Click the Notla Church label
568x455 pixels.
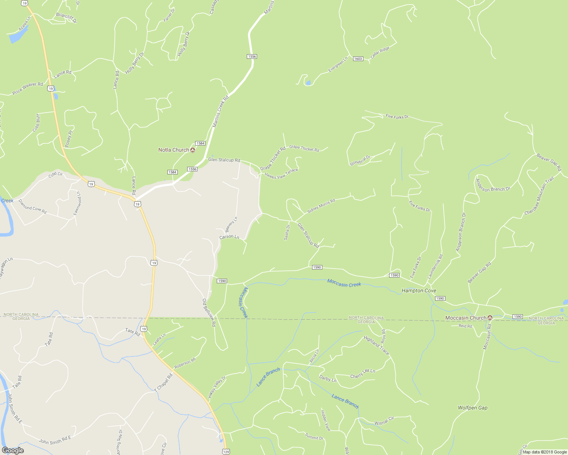[x=174, y=150]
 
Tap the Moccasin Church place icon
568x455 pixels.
[x=490, y=318]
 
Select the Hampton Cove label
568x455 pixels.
[x=419, y=291]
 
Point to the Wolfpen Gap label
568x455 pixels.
[x=472, y=408]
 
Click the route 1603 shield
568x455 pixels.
[x=358, y=59]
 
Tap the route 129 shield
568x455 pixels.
[x=226, y=452]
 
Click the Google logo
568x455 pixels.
[x=13, y=450]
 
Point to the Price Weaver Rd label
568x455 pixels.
[x=28, y=88]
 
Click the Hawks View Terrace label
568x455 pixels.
[x=281, y=174]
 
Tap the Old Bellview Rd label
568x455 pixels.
[x=209, y=312]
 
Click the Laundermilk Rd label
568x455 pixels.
[x=435, y=267]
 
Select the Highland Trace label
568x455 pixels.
[x=376, y=345]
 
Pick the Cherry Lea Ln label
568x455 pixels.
[x=362, y=374]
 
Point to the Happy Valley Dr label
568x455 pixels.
[x=217, y=386]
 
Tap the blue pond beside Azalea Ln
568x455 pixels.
[x=16, y=36]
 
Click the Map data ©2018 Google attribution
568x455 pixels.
[x=544, y=452]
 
